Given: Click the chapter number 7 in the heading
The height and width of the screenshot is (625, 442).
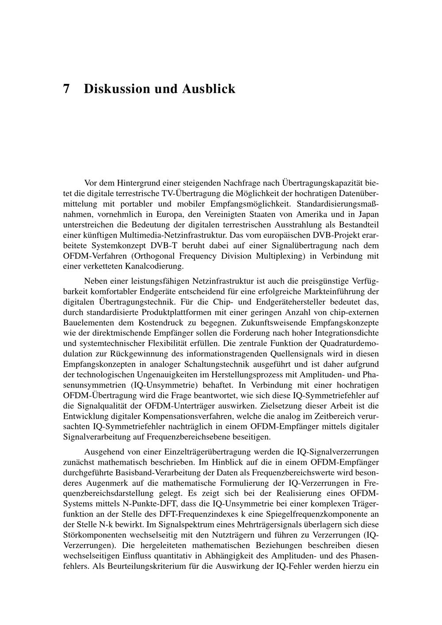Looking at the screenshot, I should pyautogui.click(x=66, y=89).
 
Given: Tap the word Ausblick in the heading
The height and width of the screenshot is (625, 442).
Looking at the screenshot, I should pyautogui.click(x=209, y=89).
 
